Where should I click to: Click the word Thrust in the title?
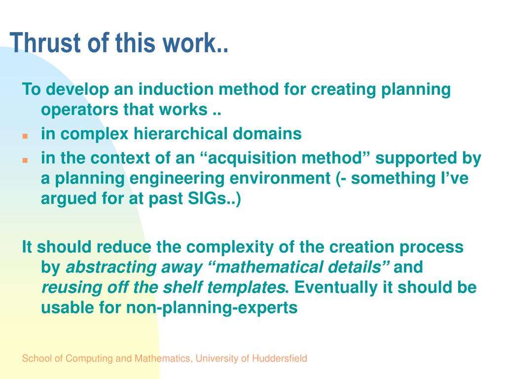pos(45,42)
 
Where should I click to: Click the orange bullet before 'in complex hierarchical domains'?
pos(25,136)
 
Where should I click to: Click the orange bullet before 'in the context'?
pos(25,160)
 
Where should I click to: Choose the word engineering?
pos(177,179)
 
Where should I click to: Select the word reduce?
pos(124,247)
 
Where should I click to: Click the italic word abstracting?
pos(111,267)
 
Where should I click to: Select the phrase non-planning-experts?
pos(212,308)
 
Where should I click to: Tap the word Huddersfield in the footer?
pos(280,358)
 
